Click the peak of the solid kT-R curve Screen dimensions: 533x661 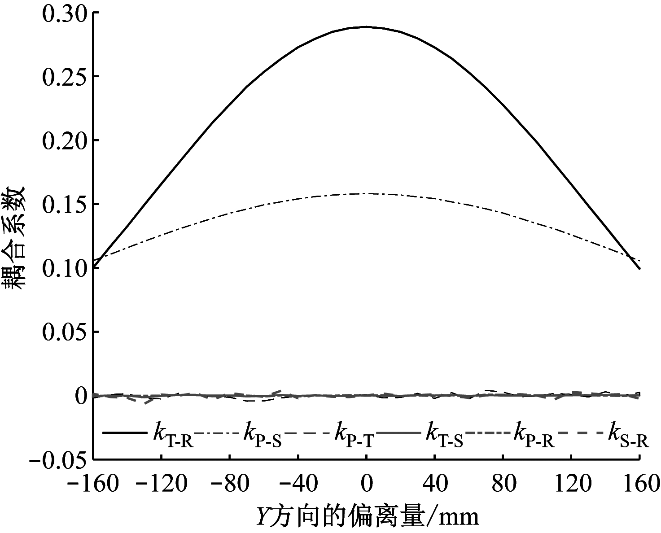[x=366, y=27]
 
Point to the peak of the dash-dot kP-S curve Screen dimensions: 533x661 [x=366, y=194]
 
